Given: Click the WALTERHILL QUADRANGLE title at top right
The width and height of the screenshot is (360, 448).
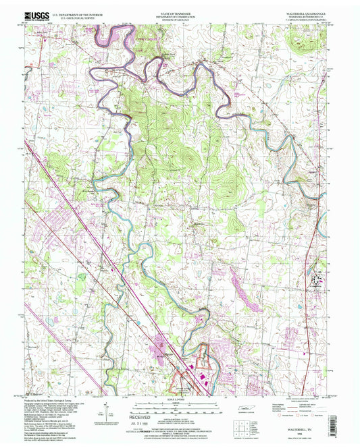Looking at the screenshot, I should pyautogui.click(x=310, y=8).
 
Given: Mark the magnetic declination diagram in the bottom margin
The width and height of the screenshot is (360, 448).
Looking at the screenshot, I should pyautogui.click(x=108, y=411).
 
